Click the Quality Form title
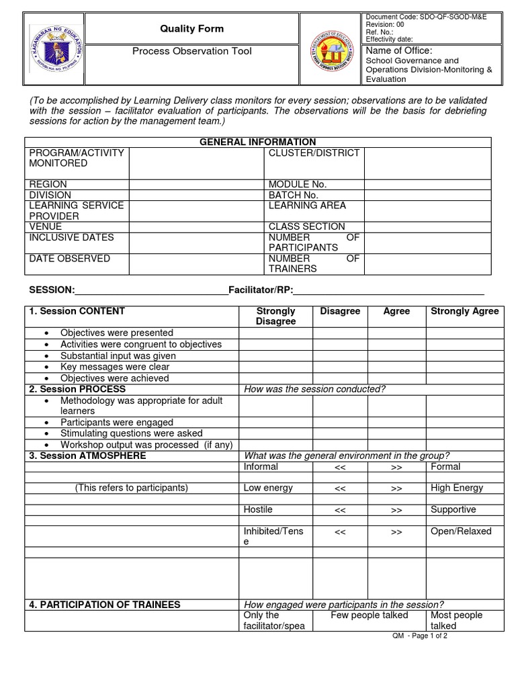(x=191, y=29)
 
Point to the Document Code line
(x=425, y=16)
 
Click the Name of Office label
(x=398, y=51)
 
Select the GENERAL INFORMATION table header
(x=258, y=142)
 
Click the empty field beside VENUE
(x=196, y=226)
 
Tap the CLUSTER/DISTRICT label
(x=314, y=153)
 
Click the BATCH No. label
(x=293, y=195)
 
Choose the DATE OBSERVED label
(x=69, y=259)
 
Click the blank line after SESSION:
(x=151, y=291)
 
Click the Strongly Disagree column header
(x=275, y=316)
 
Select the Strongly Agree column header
(x=464, y=311)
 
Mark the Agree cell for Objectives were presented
(x=396, y=333)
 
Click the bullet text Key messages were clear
(x=115, y=367)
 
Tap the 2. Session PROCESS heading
(x=77, y=389)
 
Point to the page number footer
(x=420, y=636)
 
